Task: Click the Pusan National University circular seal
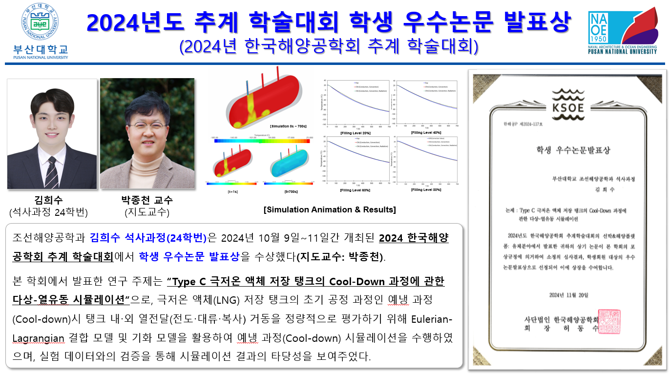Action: point(41,22)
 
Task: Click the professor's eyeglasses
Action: point(146,126)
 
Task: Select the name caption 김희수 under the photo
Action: point(49,201)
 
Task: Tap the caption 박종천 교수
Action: point(146,201)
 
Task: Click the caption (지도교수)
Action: point(146,212)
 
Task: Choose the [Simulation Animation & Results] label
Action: point(330,209)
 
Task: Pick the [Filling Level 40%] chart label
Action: point(426,133)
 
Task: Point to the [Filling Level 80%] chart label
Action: point(426,189)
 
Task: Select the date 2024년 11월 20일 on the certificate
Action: point(569,295)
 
